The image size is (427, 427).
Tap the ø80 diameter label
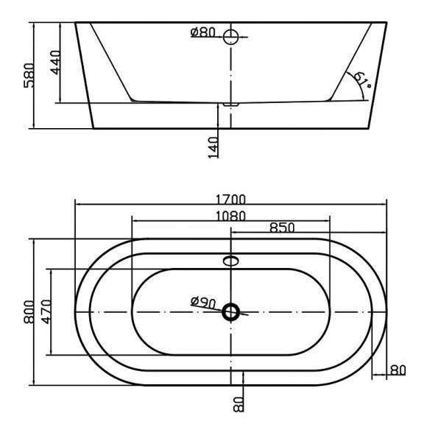pyautogui.click(x=202, y=33)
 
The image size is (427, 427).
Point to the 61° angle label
pyautogui.click(x=361, y=80)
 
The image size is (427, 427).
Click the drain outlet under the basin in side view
pyautogui.click(x=231, y=105)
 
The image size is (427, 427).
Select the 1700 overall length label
pyautogui.click(x=231, y=199)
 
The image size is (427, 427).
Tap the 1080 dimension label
pyautogui.click(x=230, y=215)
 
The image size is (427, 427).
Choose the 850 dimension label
pyautogui.click(x=282, y=227)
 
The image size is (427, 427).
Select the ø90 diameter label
pyautogui.click(x=202, y=302)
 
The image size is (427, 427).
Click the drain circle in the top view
pyautogui.click(x=231, y=312)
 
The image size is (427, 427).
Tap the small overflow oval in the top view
pyautogui.click(x=231, y=260)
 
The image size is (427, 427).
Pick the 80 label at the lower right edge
pyautogui.click(x=398, y=370)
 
